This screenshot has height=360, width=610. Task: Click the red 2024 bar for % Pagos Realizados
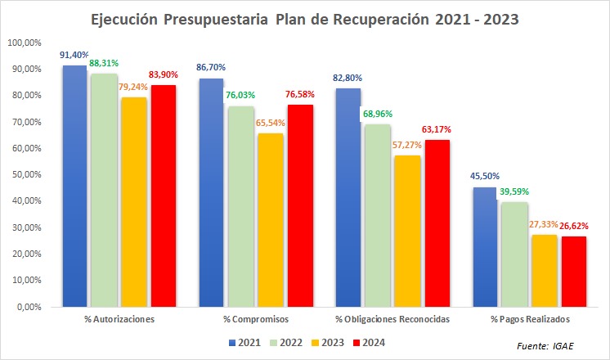(x=574, y=272)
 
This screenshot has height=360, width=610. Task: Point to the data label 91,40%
(x=74, y=55)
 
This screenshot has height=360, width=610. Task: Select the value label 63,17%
(x=437, y=128)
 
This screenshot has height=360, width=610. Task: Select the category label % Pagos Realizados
(x=526, y=317)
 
